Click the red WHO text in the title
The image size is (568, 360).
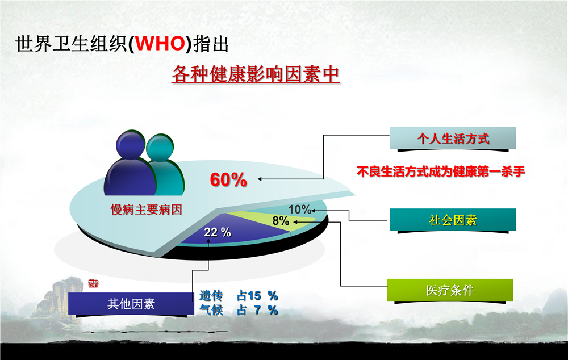160,44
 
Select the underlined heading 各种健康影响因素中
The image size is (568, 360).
256,74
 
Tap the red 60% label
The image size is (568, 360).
228,180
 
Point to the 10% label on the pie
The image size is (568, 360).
299,209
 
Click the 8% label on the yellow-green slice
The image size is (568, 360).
281,220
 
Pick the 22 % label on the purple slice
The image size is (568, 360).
218,232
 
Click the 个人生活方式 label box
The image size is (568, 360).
453,138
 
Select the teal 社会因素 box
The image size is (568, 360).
453,220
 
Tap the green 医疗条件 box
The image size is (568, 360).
450,290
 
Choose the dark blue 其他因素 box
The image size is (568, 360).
131,303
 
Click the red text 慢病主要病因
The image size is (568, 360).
146,210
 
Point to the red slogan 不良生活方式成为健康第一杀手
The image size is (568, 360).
441,171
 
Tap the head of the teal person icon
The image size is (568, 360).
160,148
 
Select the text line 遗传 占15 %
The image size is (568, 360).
239,295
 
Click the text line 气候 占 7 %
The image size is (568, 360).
239,310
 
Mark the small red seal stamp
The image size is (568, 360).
93,283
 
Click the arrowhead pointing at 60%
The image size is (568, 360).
260,179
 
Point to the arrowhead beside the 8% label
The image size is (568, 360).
295,222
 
